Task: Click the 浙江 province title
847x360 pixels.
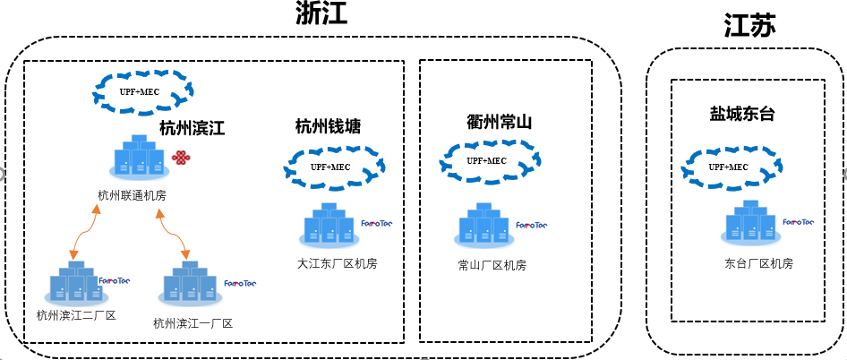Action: (321, 14)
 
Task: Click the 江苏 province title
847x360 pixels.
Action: (749, 27)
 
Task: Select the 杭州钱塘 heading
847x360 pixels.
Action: (328, 126)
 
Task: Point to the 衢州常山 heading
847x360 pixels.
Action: (499, 122)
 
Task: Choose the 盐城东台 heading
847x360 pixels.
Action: (742, 114)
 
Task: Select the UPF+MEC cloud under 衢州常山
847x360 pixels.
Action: (485, 161)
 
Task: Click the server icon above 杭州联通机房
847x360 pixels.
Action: (138, 158)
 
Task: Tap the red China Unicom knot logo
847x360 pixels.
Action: (183, 159)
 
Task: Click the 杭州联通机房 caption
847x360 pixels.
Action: (132, 194)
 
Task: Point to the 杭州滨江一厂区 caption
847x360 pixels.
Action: (192, 323)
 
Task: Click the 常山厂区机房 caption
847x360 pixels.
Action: (491, 265)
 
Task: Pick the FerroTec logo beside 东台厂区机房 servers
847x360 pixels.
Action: (798, 222)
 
